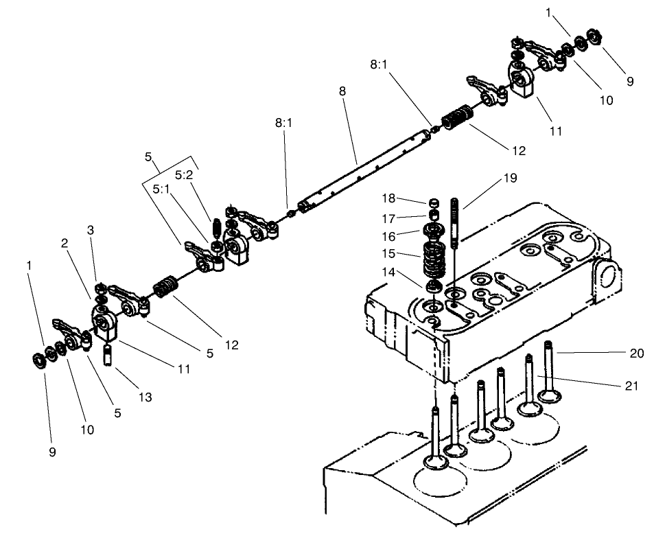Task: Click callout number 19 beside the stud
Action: click(509, 178)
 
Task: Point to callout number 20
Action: click(637, 353)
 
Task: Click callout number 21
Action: click(632, 386)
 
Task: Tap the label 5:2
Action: click(183, 175)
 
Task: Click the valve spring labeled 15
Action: click(433, 257)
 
